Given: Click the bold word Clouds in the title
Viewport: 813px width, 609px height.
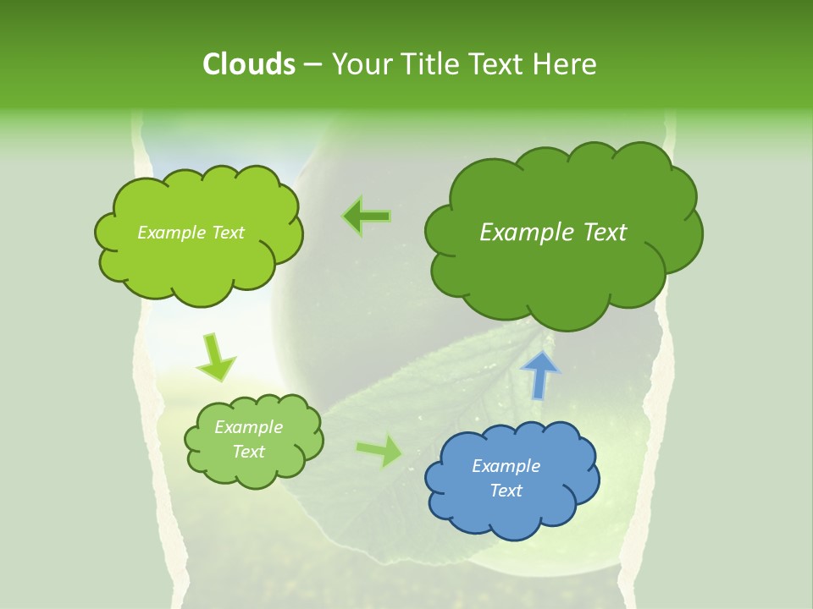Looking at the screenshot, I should coord(248,64).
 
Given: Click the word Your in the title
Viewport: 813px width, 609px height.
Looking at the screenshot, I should coord(357,64).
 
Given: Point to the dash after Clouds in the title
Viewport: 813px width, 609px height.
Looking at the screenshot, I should coord(312,65).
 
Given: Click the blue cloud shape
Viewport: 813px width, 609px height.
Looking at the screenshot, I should coord(512,479).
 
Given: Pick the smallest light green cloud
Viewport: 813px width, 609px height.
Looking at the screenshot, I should coord(253,440).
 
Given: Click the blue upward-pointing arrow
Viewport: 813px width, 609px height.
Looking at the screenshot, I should coord(539,374).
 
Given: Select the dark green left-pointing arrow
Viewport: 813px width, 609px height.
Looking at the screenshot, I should coord(368,217).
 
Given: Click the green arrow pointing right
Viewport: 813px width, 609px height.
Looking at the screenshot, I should coord(380,450).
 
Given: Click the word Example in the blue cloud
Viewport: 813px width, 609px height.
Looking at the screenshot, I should coord(506,466).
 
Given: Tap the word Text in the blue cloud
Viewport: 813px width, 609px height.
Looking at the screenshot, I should coord(506,491).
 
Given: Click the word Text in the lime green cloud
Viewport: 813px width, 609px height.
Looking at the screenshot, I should coord(227,233).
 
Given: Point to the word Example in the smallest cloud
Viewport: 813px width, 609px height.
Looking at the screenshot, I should coord(248,427).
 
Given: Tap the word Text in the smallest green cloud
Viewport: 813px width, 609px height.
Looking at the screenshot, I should coord(248,452).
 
